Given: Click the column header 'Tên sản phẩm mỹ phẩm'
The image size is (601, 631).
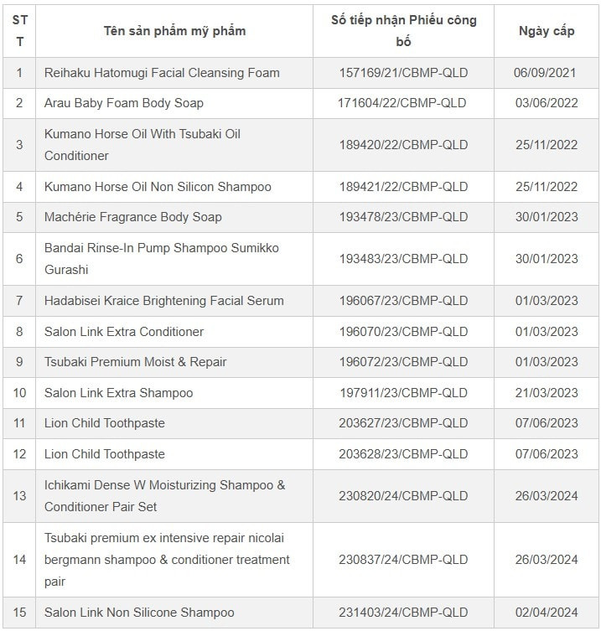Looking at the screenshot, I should (174, 31).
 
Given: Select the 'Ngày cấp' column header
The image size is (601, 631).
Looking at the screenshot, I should (547, 31).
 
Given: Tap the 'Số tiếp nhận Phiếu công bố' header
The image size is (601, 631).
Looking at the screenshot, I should (403, 31).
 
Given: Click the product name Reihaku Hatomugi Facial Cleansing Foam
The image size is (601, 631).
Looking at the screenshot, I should (162, 73).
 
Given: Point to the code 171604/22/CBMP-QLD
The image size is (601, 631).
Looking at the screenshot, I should (403, 103).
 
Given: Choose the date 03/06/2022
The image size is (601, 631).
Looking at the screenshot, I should (547, 103).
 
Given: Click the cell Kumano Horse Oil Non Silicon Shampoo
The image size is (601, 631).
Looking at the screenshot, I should (158, 187).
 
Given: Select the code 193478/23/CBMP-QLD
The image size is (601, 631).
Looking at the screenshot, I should (403, 217).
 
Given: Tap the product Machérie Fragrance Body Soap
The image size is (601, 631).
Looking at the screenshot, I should (133, 217).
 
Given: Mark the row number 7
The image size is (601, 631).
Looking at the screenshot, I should (19, 301).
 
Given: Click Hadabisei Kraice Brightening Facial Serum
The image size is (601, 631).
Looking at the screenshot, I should (164, 301).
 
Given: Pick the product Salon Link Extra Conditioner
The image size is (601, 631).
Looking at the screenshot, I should (124, 332).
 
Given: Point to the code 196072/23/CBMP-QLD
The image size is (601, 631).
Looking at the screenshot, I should (403, 362).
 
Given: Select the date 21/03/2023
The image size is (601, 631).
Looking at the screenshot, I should (547, 393).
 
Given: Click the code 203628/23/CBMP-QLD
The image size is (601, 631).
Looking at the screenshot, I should (403, 454).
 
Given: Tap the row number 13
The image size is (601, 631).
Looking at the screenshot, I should (19, 496).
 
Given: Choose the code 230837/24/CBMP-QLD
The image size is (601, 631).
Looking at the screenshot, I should (403, 560).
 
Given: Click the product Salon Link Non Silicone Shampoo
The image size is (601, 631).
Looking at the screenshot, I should (139, 613).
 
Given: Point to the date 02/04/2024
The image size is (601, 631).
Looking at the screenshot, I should (547, 613).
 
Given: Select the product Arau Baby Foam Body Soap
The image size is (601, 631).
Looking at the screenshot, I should (124, 103).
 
